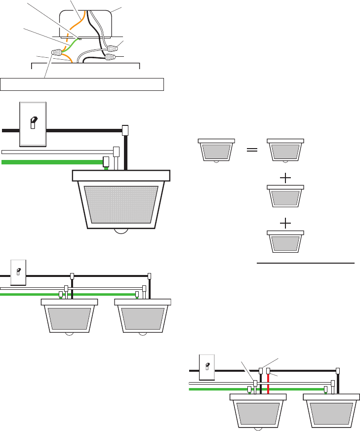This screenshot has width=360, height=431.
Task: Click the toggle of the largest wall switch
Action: [33, 122]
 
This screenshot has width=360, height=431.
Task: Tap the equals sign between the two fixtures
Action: [252, 150]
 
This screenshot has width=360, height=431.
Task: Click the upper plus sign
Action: [285, 179]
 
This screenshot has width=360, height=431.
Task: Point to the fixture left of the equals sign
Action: [215, 150]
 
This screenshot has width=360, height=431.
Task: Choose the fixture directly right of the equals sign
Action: [285, 150]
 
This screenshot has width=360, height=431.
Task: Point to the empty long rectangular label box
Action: [82, 84]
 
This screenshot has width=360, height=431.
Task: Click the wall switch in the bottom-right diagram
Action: [207, 366]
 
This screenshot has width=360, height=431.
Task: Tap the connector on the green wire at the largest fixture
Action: [106, 161]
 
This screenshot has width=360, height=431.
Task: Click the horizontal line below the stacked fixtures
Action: [306, 264]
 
